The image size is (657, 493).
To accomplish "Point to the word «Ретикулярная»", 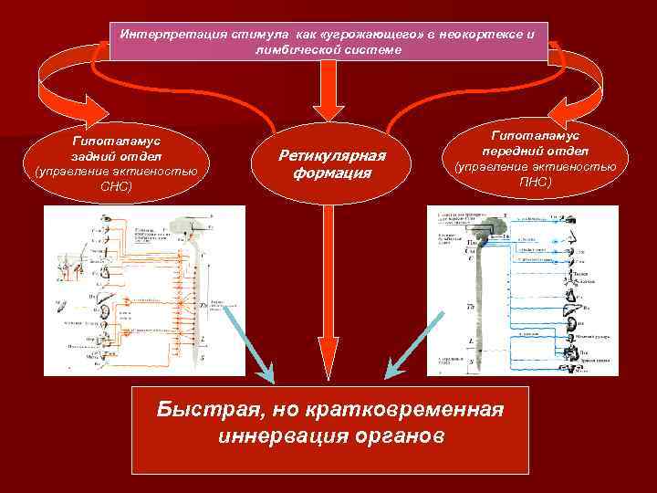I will (x=334, y=156).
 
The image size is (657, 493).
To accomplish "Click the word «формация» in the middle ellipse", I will (x=334, y=173).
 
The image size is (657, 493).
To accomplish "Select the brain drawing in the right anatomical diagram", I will (x=494, y=222).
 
